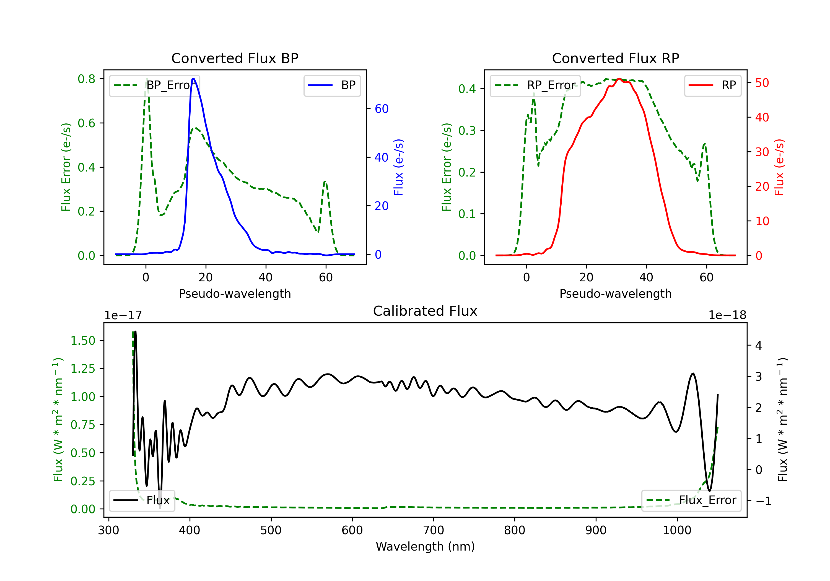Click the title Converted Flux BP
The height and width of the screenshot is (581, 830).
coord(235,58)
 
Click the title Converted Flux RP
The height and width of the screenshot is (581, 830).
coord(615,58)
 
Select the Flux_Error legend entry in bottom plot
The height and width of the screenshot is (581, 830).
coord(691,500)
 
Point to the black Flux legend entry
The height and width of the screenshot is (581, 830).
coord(142,500)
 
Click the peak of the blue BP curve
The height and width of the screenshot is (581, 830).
coord(193,79)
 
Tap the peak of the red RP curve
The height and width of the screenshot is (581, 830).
coord(619,79)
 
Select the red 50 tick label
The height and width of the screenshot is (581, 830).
coord(762,83)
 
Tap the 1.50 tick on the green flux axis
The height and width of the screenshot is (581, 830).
coord(83,341)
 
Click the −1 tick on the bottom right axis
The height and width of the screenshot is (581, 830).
coord(764,501)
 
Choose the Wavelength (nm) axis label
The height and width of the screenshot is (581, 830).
coord(425,546)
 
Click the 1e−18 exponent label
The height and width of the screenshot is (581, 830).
coord(727,315)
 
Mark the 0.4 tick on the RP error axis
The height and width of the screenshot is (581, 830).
coord(467,89)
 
